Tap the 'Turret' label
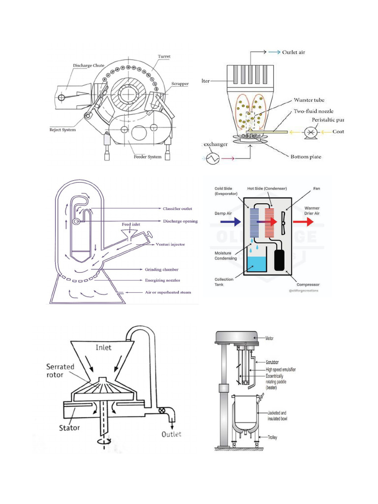point(164,57)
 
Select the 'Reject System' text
point(63,130)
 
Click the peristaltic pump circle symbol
point(311,132)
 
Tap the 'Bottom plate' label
point(305,157)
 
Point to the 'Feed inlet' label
point(131,224)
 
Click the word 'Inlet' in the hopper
point(103,347)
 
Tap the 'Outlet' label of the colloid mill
point(171,434)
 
